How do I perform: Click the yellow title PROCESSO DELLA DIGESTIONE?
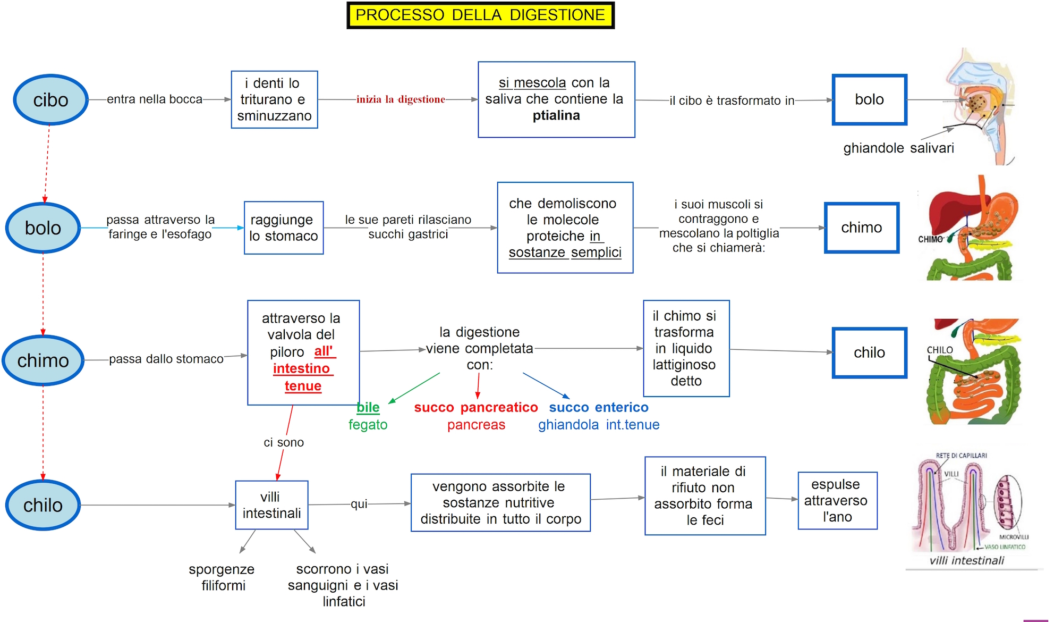480,15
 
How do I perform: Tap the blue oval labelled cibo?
50,100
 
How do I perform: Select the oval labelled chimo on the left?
43,360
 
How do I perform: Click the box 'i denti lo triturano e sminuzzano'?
274,99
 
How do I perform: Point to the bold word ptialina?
556,115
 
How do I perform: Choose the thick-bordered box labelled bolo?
869,99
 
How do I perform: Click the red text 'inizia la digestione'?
401,99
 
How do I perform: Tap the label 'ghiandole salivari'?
898,148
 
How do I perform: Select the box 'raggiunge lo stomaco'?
284,228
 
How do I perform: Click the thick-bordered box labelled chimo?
861,228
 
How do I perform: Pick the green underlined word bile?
368,407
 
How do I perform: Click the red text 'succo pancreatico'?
476,407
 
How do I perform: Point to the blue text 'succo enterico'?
599,407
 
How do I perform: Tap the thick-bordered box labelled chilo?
869,352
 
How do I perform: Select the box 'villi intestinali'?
271,505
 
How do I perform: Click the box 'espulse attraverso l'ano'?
837,500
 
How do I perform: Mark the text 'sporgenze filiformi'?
222,577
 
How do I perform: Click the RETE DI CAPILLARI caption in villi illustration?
961,456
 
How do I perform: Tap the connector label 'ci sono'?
284,442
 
